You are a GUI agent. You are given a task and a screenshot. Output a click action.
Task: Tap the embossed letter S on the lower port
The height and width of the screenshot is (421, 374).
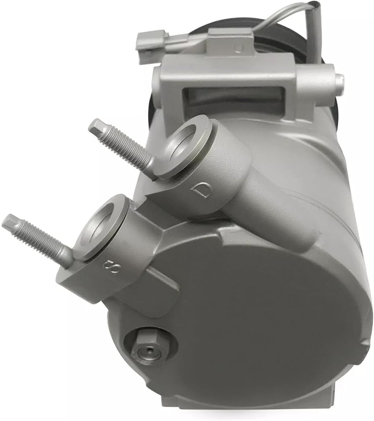pyautogui.click(x=112, y=266)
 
